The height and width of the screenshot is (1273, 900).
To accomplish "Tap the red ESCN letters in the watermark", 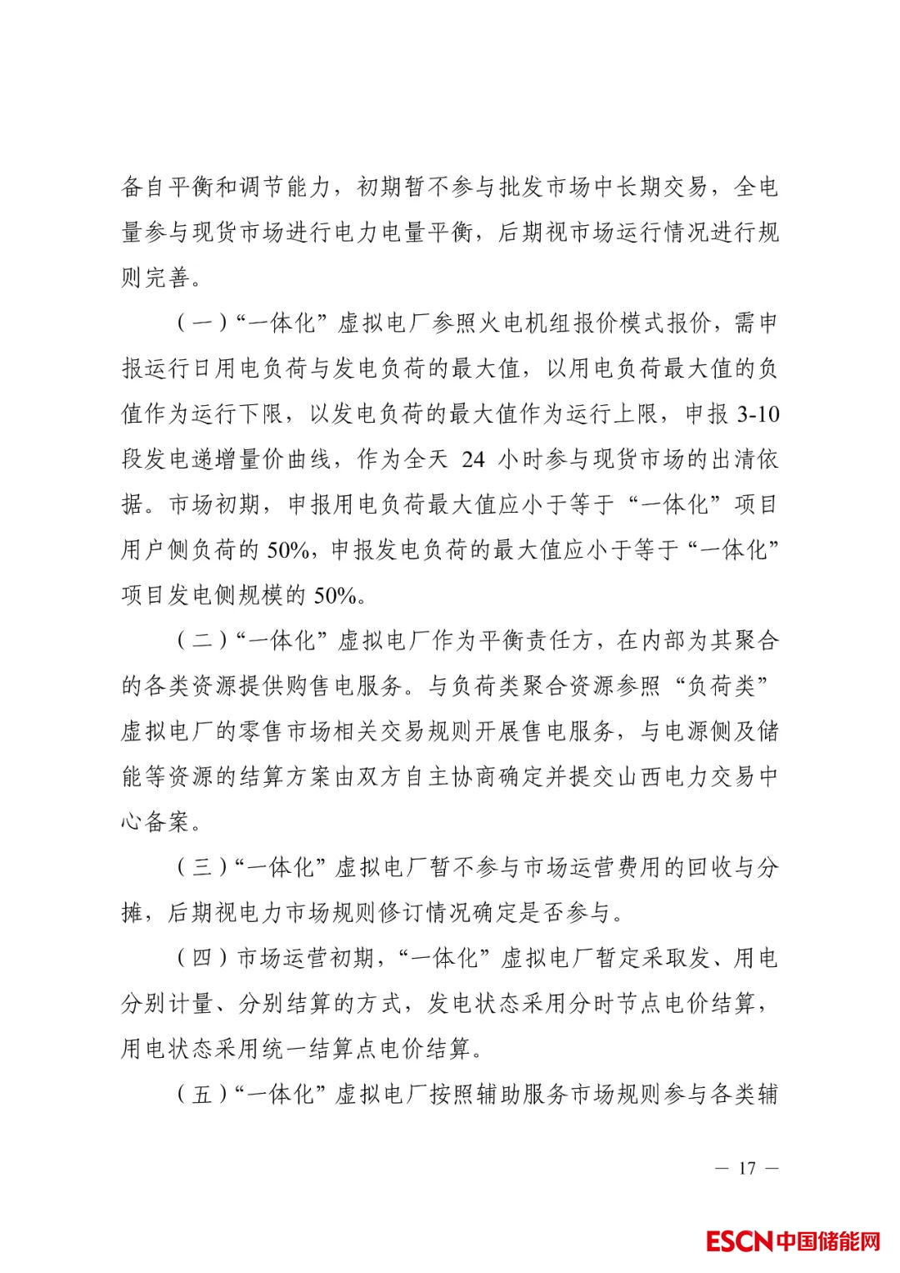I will [740, 1241].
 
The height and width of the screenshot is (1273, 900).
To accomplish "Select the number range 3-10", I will [758, 414].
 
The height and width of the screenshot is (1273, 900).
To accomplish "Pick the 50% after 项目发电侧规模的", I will [336, 595].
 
